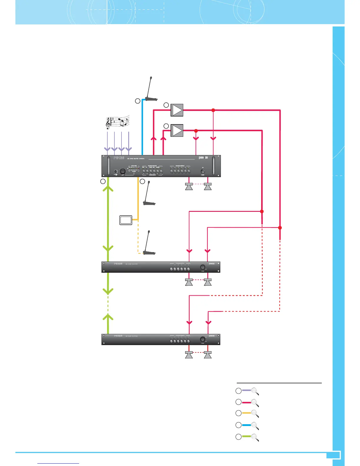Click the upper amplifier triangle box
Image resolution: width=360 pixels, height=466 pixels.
tap(177, 110)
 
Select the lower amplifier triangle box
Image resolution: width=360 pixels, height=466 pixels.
tap(177, 131)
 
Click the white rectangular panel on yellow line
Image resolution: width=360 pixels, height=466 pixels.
tap(126, 220)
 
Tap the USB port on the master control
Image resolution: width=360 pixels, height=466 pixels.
tap(116, 171)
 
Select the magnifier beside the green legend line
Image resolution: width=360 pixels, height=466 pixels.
tap(255, 437)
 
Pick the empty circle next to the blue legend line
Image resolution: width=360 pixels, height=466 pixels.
tap(239, 425)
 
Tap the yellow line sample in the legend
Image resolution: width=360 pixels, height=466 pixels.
tap(246, 413)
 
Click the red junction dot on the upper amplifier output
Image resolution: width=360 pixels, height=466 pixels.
tap(214, 110)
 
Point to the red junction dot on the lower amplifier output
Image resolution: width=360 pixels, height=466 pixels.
tap(196, 131)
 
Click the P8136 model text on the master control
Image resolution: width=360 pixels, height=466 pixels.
tap(119, 158)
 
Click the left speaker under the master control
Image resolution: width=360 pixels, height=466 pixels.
tap(189, 187)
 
